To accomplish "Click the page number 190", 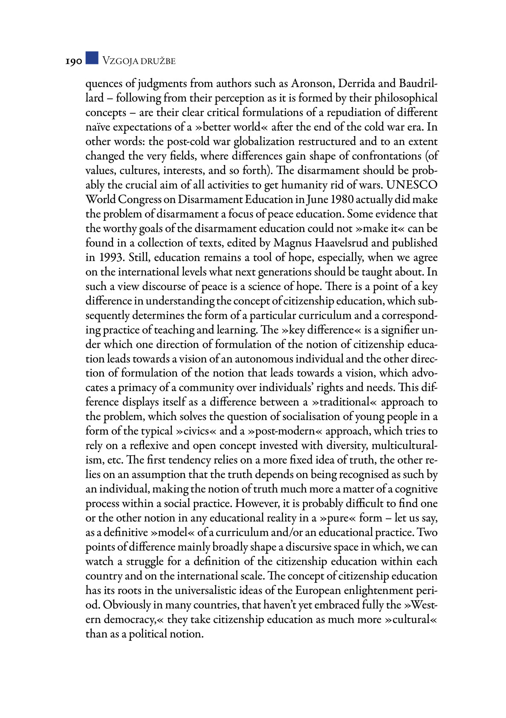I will point(73,61).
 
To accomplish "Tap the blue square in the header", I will point(92,58).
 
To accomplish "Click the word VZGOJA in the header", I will point(120,61).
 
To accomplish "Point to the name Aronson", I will point(312,83).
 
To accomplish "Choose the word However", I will point(257,504).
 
